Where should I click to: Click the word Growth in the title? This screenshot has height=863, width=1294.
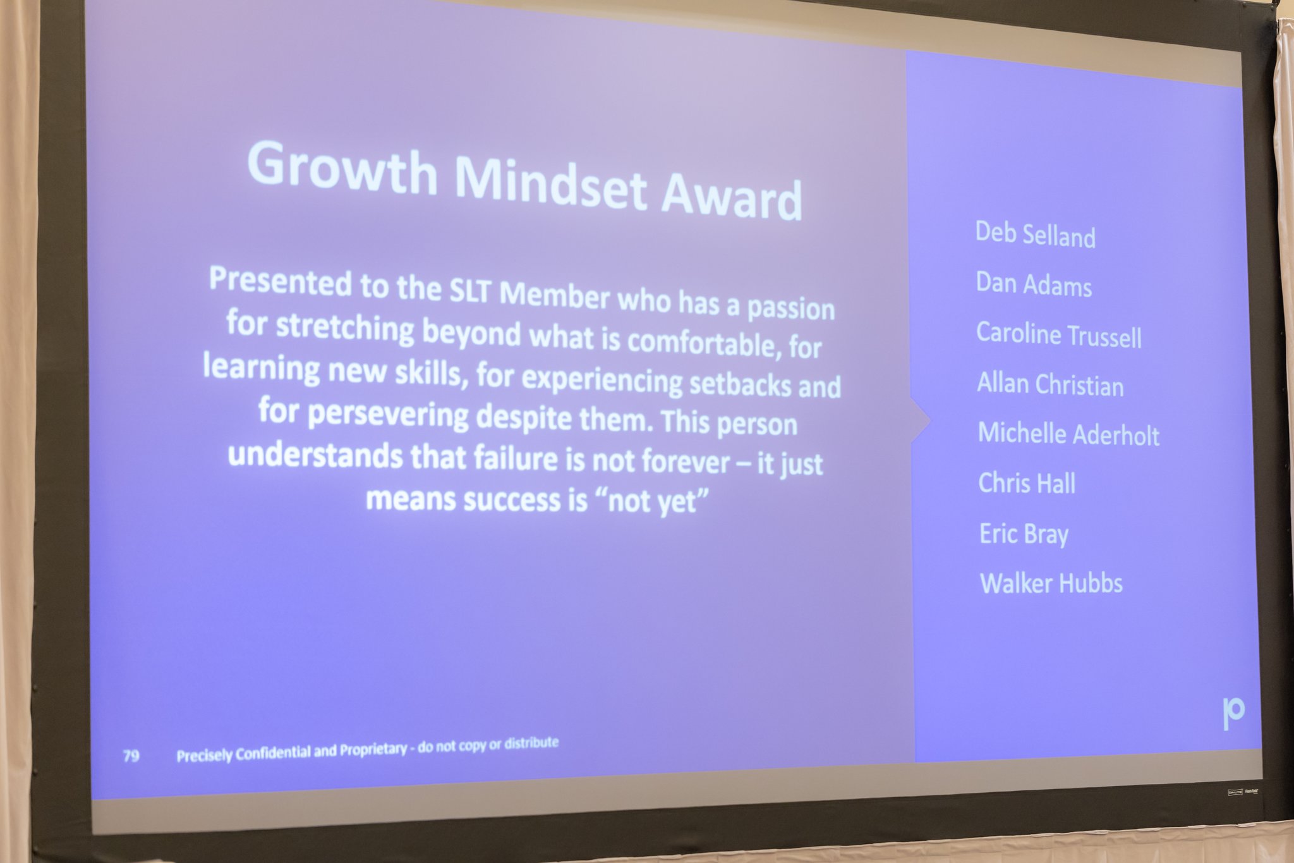[342, 167]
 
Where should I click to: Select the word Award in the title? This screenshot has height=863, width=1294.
[732, 196]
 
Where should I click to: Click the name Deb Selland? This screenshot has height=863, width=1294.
[1035, 235]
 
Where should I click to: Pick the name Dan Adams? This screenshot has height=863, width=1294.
[1034, 285]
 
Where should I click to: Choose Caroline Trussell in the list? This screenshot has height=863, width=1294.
[1059, 335]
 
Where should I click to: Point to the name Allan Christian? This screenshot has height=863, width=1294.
[1050, 384]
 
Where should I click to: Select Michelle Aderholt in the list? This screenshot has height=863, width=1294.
[1069, 434]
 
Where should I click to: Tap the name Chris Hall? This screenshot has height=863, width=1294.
[1027, 484]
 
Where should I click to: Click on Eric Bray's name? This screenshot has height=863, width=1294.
[1024, 534]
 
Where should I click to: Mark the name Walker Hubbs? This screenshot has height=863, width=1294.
[1051, 583]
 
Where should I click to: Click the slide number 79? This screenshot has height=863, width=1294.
[131, 756]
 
